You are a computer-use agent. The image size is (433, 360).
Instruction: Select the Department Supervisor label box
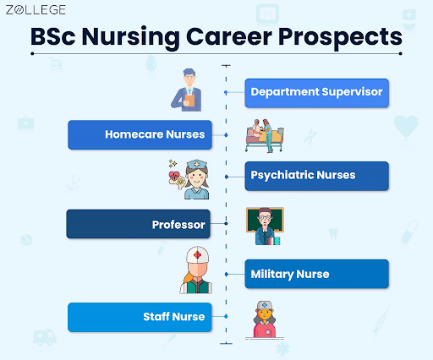pyautogui.click(x=317, y=92)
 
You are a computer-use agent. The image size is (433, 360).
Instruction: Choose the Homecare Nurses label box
pyautogui.click(x=137, y=134)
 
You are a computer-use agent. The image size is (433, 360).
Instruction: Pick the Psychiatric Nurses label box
pyautogui.click(x=317, y=176)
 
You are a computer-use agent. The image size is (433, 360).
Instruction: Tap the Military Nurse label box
pyautogui.click(x=317, y=274)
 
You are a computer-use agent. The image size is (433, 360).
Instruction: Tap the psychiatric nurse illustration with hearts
pyautogui.click(x=189, y=180)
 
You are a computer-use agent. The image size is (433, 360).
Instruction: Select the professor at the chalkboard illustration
pyautogui.click(x=265, y=226)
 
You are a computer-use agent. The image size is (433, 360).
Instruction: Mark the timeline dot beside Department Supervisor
pyautogui.click(x=226, y=92)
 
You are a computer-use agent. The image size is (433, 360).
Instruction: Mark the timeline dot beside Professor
pyautogui.click(x=226, y=224)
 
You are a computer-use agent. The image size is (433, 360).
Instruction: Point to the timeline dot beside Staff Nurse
pyautogui.click(x=226, y=316)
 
